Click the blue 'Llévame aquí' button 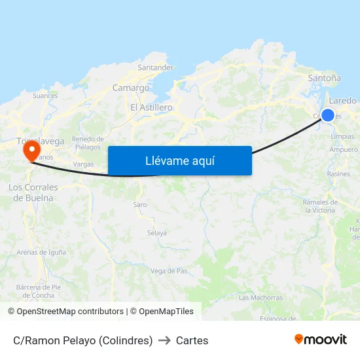point(179,160)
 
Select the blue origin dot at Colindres point(328,115)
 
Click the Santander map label point(156,67)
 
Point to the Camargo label point(131,88)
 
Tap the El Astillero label point(151,107)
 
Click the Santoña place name point(324,78)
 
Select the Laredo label point(343,101)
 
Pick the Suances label point(45,96)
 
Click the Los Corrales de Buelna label point(33,192)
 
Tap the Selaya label point(156,233)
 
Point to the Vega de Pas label point(169,271)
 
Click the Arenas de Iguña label point(41,252)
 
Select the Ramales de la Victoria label point(320,206)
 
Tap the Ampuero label point(344,150)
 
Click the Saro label point(140,205)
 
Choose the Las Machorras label point(261,298)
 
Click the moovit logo point(321,340)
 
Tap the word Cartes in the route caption point(192,340)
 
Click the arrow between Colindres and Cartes point(164,340)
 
